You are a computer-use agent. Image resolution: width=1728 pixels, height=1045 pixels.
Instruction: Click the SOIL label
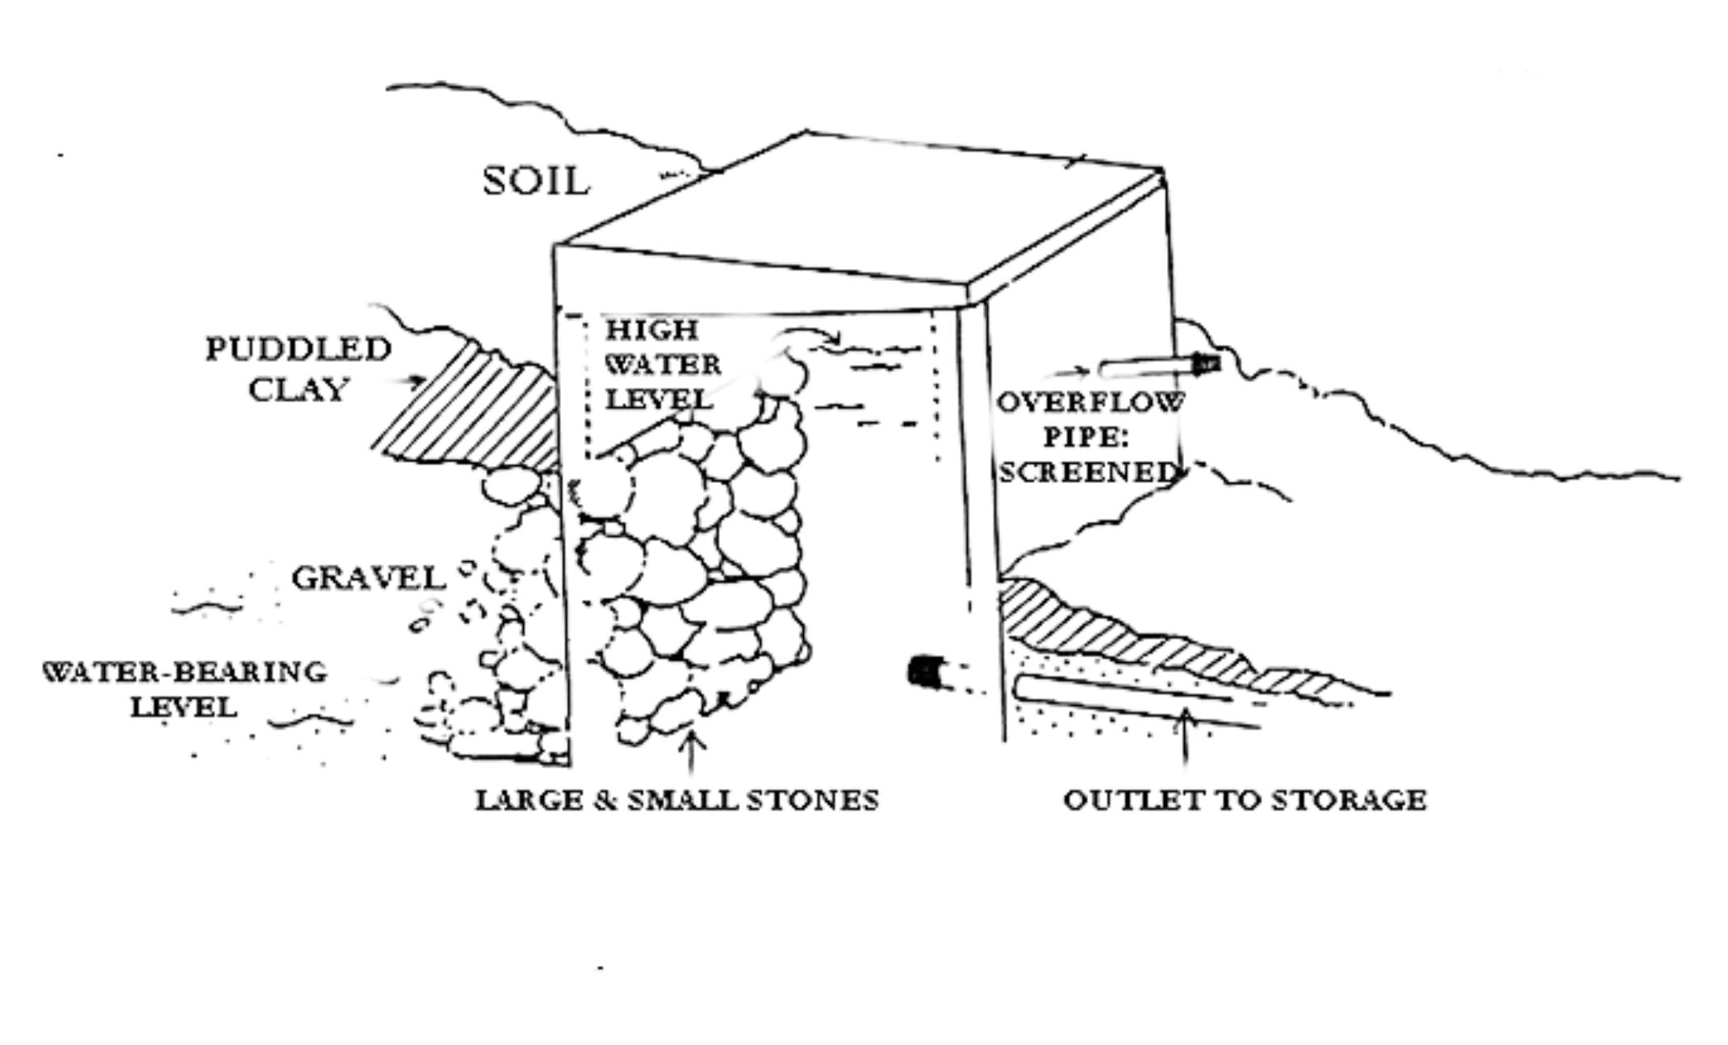(x=536, y=182)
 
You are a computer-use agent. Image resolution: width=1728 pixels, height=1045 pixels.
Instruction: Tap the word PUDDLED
(x=298, y=350)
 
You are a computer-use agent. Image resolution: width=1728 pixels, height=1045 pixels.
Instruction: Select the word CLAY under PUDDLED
(x=298, y=389)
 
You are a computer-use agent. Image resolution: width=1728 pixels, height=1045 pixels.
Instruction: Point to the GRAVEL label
(x=368, y=578)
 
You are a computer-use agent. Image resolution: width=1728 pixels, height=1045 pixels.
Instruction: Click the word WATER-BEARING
(x=185, y=672)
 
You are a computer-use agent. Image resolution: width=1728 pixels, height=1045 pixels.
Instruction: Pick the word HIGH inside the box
(x=651, y=329)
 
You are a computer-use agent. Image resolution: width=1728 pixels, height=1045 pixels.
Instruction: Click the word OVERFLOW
(x=1091, y=402)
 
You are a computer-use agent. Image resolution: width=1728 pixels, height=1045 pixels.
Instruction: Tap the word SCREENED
(x=1086, y=472)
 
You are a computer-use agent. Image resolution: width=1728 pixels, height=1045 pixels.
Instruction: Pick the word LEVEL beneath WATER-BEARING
(x=185, y=708)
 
